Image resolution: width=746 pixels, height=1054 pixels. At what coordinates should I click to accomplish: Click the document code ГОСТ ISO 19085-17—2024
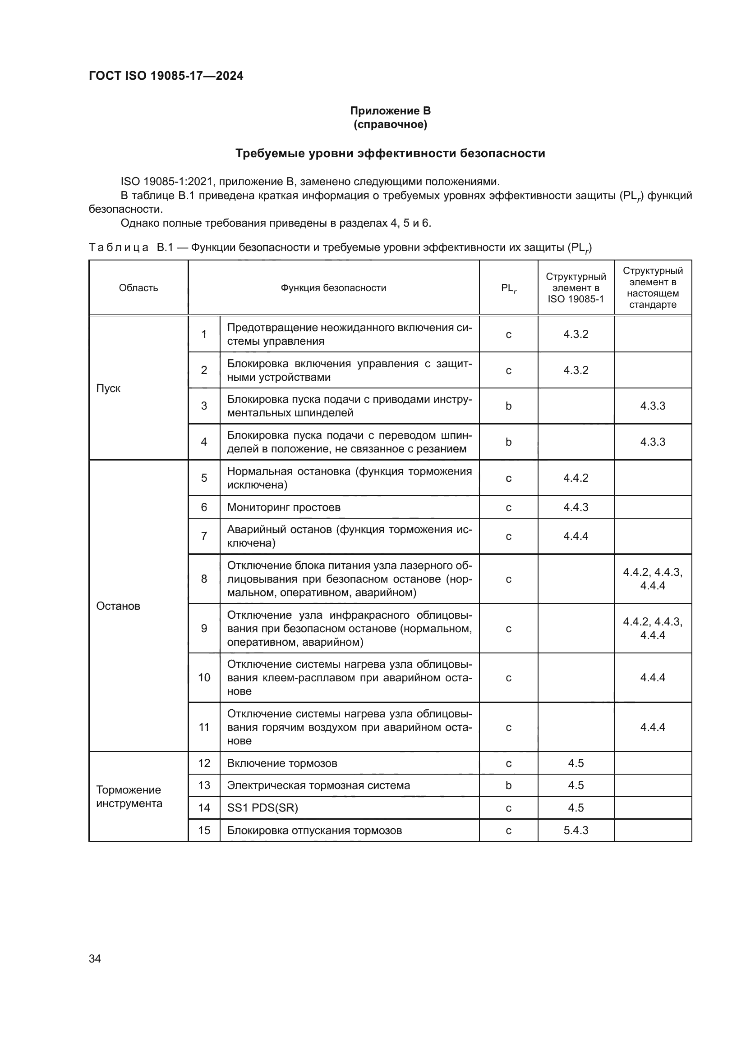pyautogui.click(x=166, y=76)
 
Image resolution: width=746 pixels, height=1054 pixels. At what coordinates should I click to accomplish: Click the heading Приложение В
pyautogui.click(x=390, y=111)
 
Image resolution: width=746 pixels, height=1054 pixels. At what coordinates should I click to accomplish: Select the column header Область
pyautogui.click(x=138, y=288)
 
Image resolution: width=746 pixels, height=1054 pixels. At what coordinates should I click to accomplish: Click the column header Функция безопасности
pyautogui.click(x=333, y=288)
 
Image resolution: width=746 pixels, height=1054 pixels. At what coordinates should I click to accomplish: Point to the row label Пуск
pyautogui.click(x=108, y=388)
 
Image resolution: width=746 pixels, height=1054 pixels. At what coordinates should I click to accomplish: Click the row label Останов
pyautogui.click(x=118, y=606)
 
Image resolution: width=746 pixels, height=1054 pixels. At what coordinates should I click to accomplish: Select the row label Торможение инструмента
pyautogui.click(x=129, y=796)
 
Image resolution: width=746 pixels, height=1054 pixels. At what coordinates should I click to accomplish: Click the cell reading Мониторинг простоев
pyautogui.click(x=283, y=507)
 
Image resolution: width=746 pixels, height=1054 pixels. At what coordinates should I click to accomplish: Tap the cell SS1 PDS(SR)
pyautogui.click(x=262, y=808)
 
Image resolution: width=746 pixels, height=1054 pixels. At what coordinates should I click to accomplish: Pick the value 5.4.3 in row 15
pyautogui.click(x=576, y=830)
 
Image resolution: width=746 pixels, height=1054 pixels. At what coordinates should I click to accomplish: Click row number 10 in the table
pyautogui.click(x=204, y=678)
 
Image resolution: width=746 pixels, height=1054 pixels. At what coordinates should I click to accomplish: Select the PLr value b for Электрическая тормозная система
pyautogui.click(x=508, y=785)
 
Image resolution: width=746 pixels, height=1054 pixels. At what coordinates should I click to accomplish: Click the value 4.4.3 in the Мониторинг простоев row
pyautogui.click(x=576, y=507)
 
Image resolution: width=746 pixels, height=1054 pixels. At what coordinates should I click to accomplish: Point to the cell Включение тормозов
pyautogui.click(x=282, y=763)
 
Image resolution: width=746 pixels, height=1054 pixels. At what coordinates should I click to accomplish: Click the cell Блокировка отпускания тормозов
pyautogui.click(x=314, y=830)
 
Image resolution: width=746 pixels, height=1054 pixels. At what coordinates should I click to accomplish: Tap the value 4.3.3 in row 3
pyautogui.click(x=652, y=406)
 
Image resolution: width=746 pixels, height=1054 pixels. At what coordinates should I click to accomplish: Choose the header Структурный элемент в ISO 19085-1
pyautogui.click(x=576, y=288)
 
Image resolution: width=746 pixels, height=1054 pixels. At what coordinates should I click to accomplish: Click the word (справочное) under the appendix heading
pyautogui.click(x=390, y=124)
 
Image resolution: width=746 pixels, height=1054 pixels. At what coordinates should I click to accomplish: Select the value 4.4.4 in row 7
pyautogui.click(x=576, y=536)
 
